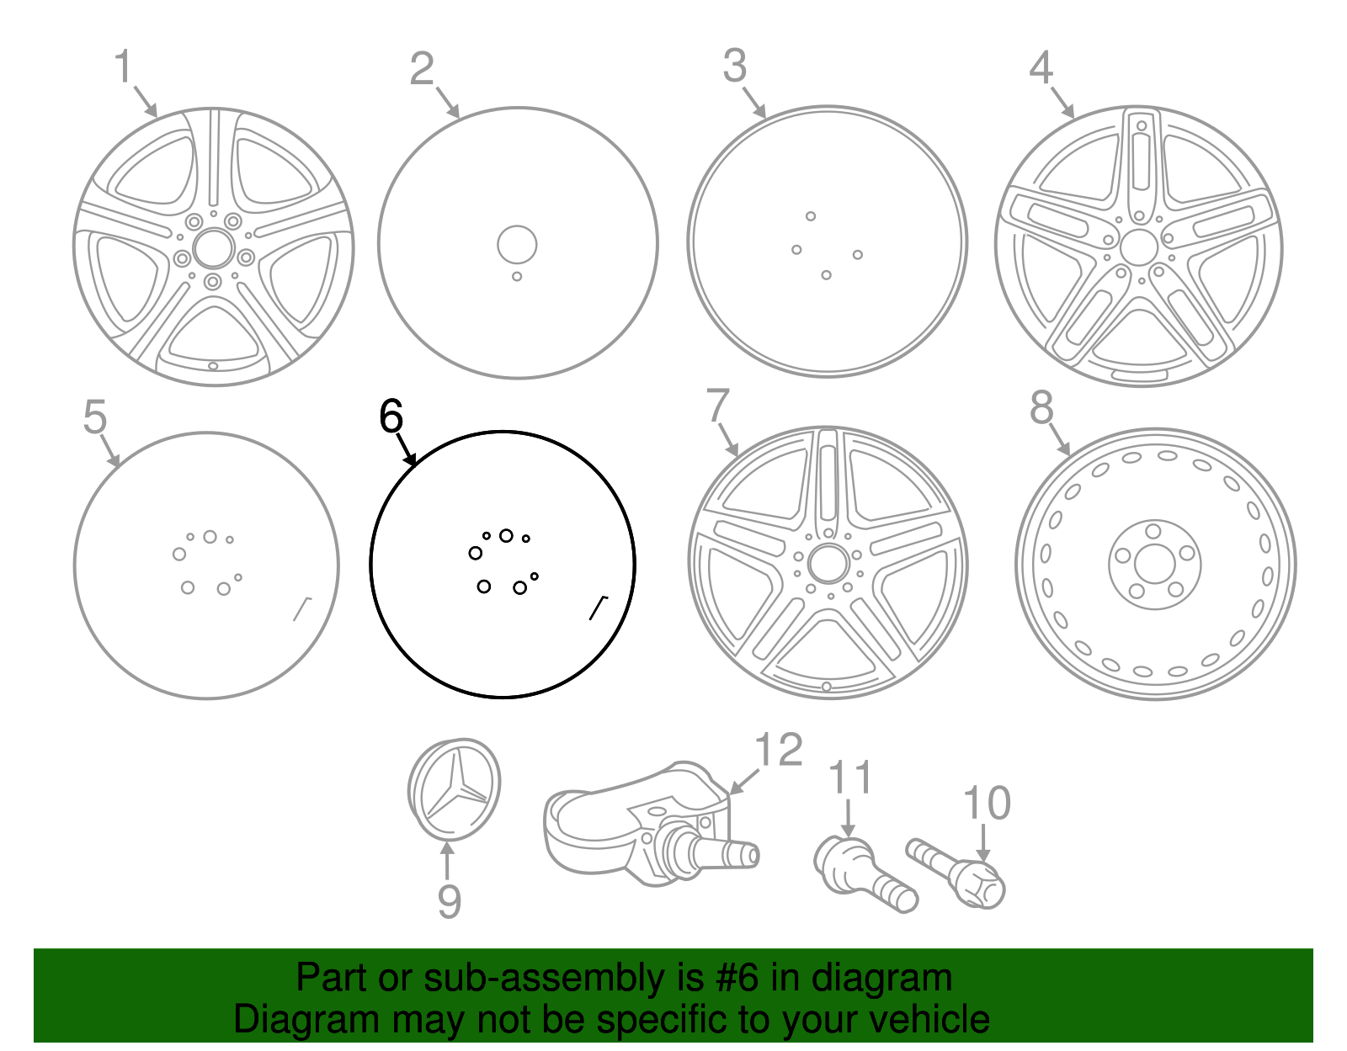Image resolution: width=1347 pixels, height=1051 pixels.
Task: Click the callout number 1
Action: click(124, 66)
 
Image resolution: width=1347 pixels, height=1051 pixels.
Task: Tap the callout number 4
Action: click(1041, 68)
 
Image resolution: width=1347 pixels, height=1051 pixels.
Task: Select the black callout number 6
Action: click(391, 416)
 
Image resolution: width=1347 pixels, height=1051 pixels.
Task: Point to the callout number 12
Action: click(780, 750)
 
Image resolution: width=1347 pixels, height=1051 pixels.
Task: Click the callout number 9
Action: click(450, 902)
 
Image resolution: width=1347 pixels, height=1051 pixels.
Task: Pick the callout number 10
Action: click(987, 803)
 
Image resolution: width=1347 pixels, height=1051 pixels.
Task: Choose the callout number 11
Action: click(850, 777)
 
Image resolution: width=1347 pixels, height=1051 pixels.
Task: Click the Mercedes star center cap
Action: click(454, 789)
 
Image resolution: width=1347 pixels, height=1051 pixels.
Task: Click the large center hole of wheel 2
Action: click(517, 244)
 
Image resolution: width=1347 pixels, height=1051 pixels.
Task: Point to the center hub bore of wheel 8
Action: click(1154, 565)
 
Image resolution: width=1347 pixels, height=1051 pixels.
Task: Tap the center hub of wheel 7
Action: click(828, 564)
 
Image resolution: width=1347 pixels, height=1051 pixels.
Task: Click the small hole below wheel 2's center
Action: click(517, 276)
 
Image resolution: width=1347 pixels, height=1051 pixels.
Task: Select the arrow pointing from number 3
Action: click(754, 103)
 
